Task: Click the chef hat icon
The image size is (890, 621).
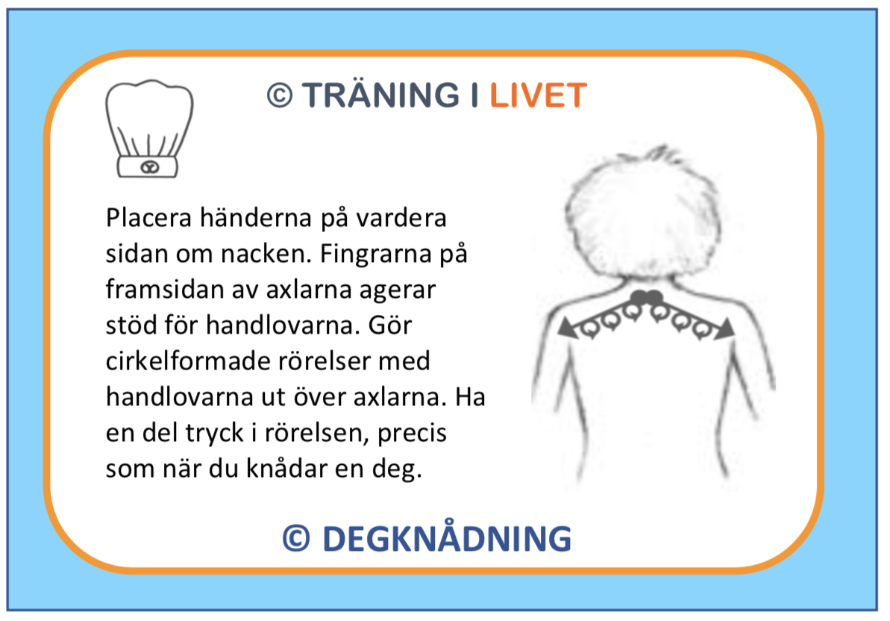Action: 149,129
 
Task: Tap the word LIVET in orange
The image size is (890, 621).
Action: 538,96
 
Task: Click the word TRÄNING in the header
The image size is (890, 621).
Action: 380,94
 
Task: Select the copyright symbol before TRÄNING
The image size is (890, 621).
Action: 280,96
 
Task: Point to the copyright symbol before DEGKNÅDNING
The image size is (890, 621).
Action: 296,538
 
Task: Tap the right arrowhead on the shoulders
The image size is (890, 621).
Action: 724,329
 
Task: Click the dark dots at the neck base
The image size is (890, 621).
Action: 647,298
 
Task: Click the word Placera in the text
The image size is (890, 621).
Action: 148,218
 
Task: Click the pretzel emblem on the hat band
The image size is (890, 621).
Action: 150,167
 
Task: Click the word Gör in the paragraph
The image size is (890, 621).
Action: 389,325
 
